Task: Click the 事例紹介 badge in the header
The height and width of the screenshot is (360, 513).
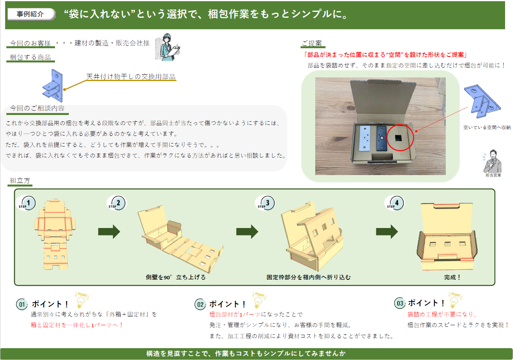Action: click(x=31, y=14)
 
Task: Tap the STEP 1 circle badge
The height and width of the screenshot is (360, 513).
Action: click(x=27, y=203)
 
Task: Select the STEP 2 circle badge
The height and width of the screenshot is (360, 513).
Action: click(x=117, y=203)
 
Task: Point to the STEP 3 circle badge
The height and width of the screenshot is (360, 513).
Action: click(x=266, y=203)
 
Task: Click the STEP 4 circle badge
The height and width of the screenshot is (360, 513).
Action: click(x=395, y=203)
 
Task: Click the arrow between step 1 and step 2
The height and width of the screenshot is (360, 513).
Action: click(x=109, y=232)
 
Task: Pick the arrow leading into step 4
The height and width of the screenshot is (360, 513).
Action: click(x=387, y=232)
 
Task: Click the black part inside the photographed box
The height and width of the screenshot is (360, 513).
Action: click(x=381, y=138)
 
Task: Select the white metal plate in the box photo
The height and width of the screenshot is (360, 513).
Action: click(x=365, y=138)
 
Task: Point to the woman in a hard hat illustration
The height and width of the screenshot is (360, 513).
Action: click(x=168, y=47)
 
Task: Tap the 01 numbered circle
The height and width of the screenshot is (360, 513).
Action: click(x=22, y=304)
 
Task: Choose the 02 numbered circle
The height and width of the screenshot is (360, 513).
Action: click(x=200, y=304)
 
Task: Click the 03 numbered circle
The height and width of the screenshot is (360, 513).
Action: click(x=400, y=303)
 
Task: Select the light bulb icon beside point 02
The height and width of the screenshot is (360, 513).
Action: click(x=259, y=300)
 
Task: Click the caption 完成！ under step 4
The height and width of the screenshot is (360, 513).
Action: click(x=452, y=277)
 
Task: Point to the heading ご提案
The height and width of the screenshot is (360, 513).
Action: click(x=312, y=43)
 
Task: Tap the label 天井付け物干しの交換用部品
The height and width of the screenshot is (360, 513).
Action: click(x=131, y=76)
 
